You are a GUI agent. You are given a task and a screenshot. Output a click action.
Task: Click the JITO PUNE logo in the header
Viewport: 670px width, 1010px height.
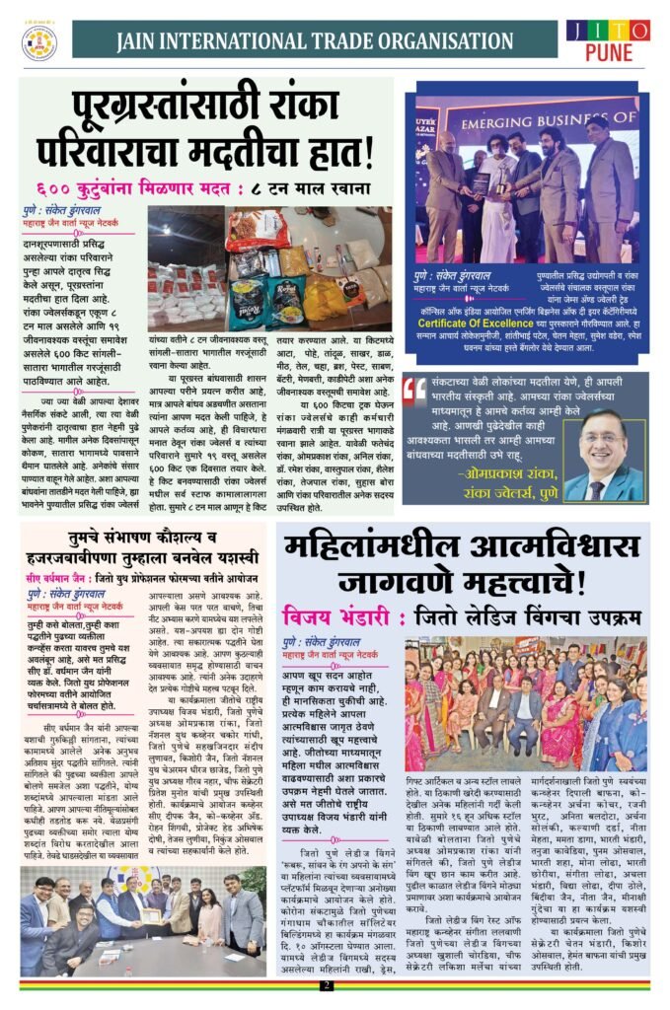click(x=608, y=41)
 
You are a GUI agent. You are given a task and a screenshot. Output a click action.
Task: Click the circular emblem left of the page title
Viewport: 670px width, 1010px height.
click(x=40, y=42)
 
